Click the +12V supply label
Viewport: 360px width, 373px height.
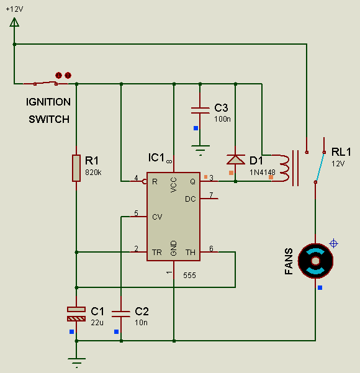pos(14,9)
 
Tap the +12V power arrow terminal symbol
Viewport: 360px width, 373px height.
pos(14,22)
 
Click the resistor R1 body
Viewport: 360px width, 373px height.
pos(76,168)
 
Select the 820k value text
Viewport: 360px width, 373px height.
pos(93,173)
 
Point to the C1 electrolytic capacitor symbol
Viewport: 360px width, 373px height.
pos(76,314)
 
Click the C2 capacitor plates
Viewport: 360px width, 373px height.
pos(121,314)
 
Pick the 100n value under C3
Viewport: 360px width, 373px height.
pos(222,119)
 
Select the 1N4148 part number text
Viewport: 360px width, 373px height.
pos(262,173)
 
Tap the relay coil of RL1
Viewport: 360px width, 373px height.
pos(284,168)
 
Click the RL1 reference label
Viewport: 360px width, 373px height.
pos(341,152)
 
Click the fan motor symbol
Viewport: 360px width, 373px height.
pos(315,261)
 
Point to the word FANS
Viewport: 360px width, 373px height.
pos(289,261)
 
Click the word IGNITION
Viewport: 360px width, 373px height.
pos(48,102)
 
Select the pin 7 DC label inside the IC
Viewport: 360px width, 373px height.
pos(191,199)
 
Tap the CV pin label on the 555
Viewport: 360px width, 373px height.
pos(157,217)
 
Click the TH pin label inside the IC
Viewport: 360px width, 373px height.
pos(191,252)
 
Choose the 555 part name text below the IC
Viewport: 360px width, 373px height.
pos(190,275)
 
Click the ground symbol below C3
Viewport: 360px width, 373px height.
pos(200,150)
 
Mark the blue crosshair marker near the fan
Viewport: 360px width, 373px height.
pos(333,243)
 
